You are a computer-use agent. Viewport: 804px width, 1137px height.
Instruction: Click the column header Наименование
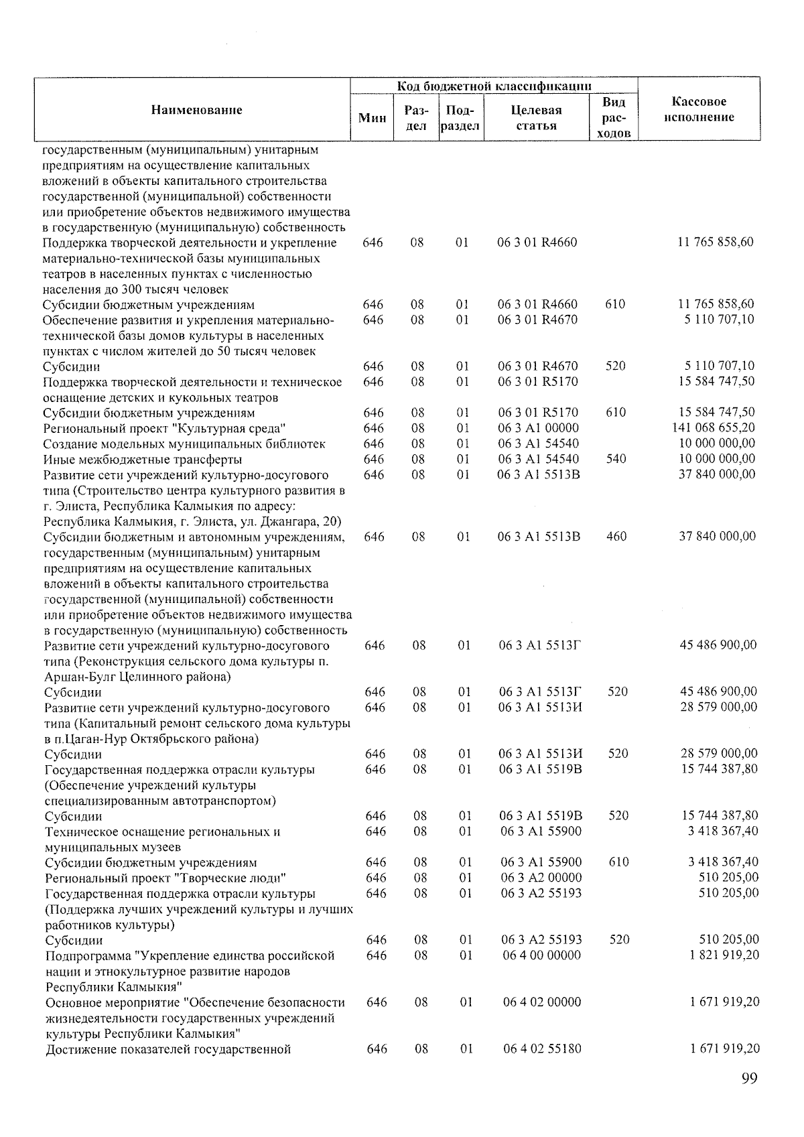click(196, 110)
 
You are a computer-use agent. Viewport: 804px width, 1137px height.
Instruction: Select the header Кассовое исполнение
click(699, 110)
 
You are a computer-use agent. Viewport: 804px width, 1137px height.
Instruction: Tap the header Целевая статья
click(536, 118)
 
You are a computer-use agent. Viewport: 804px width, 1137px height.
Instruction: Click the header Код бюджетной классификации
click(494, 86)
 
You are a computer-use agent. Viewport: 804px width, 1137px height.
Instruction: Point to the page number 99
click(749, 1078)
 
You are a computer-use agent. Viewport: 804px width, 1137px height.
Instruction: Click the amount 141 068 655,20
click(713, 427)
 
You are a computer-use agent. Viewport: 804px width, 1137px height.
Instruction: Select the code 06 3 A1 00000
click(538, 428)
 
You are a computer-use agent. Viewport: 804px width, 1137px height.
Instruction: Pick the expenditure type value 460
click(616, 537)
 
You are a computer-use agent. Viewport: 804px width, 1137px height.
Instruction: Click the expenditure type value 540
click(615, 459)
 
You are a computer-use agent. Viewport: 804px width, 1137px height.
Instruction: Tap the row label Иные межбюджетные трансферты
click(142, 460)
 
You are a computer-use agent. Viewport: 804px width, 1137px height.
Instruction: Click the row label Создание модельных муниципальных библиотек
click(184, 444)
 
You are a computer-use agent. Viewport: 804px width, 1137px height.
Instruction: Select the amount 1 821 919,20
click(724, 955)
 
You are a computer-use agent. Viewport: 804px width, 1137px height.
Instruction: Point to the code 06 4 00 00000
click(541, 955)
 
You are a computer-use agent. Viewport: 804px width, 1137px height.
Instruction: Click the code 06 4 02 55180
click(541, 1049)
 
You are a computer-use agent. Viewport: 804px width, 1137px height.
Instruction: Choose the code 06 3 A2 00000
click(541, 878)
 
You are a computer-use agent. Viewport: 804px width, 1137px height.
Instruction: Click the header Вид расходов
click(614, 117)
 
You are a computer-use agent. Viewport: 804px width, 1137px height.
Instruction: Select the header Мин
click(373, 119)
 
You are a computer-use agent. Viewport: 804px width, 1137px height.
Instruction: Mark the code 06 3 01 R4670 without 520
click(537, 320)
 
